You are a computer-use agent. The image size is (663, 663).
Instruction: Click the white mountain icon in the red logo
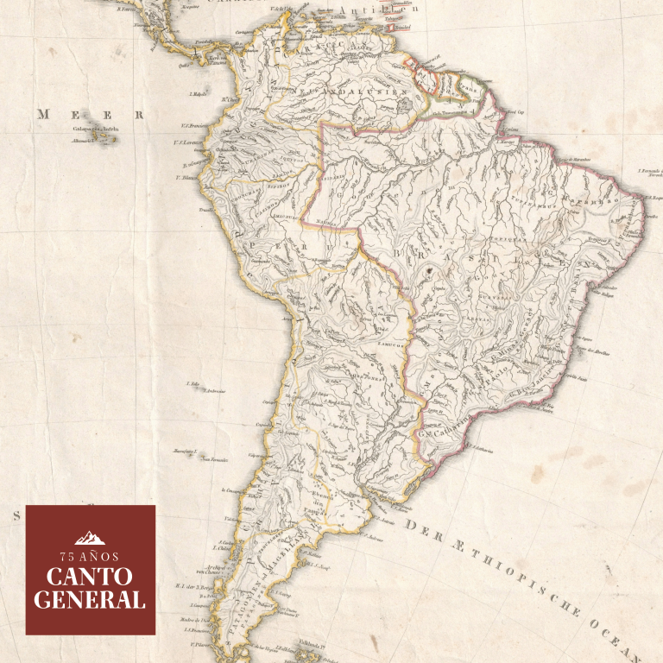(x=91, y=537)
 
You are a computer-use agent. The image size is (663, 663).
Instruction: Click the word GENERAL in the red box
(x=91, y=599)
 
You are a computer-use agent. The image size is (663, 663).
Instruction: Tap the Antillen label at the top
(x=366, y=10)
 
